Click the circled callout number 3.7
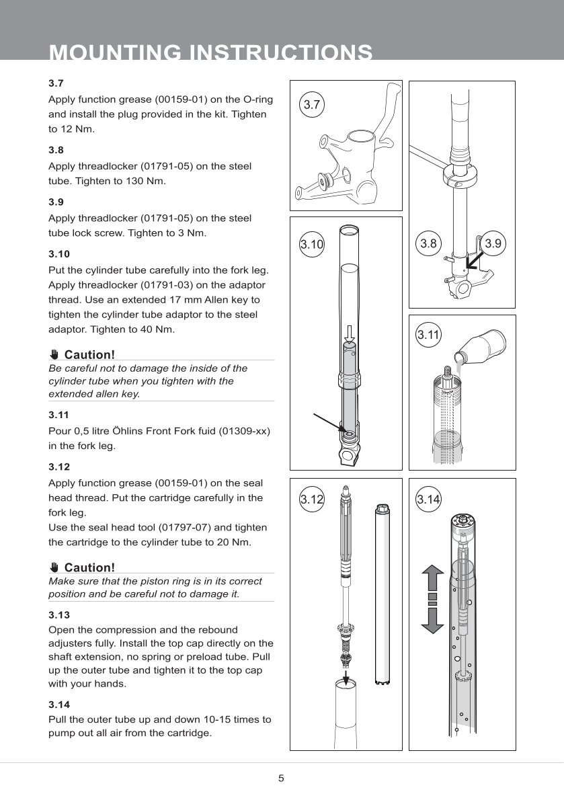311,104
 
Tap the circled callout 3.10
311,245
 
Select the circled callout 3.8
428,243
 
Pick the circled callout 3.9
493,243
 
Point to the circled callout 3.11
428,334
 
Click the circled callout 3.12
311,499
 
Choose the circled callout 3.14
428,499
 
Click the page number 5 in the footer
281,778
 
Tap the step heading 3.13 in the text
59,614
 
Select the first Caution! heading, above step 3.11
89,354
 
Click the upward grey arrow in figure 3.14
432,578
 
